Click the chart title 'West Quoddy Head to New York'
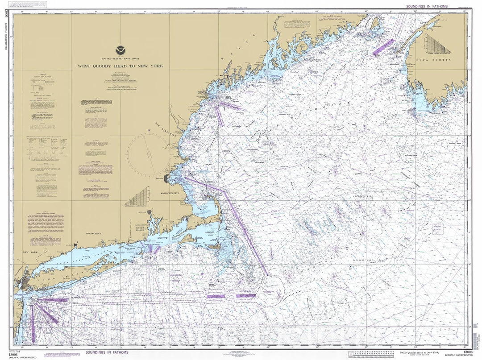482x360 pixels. click(120, 66)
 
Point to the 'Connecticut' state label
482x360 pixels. click(92, 233)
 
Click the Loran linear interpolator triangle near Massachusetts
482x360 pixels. click(137, 197)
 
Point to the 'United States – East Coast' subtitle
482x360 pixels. click(120, 59)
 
